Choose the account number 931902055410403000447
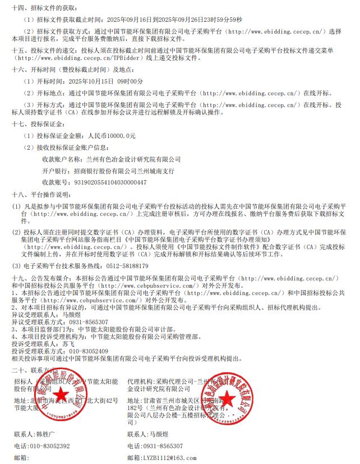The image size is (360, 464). click(x=110, y=182)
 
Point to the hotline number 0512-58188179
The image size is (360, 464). click(x=122, y=266)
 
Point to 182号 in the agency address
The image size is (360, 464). click(x=137, y=407)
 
